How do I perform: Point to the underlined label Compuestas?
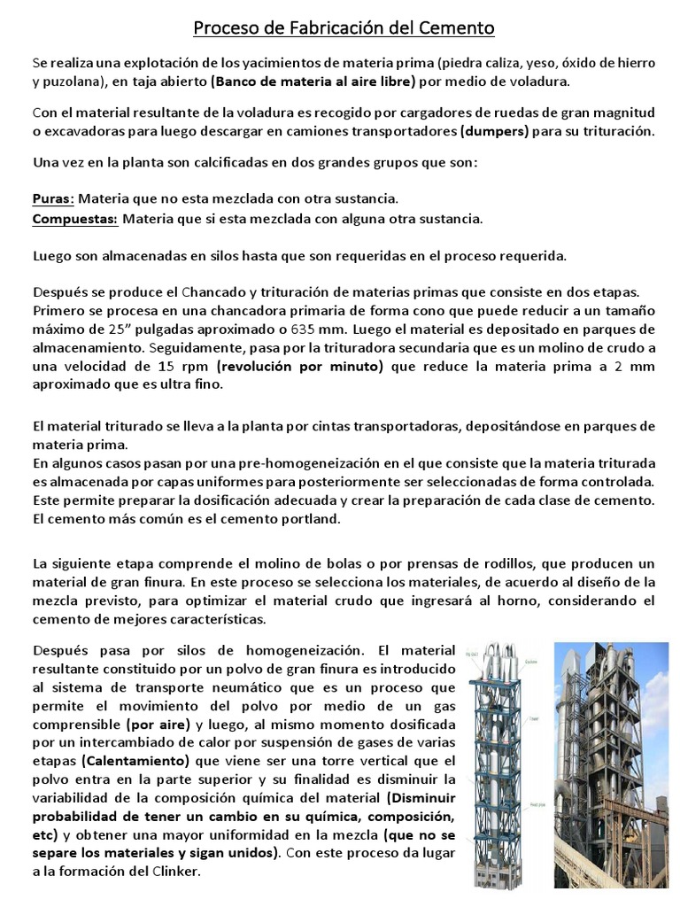[x=74, y=218]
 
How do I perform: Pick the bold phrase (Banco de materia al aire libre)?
[x=313, y=81]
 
